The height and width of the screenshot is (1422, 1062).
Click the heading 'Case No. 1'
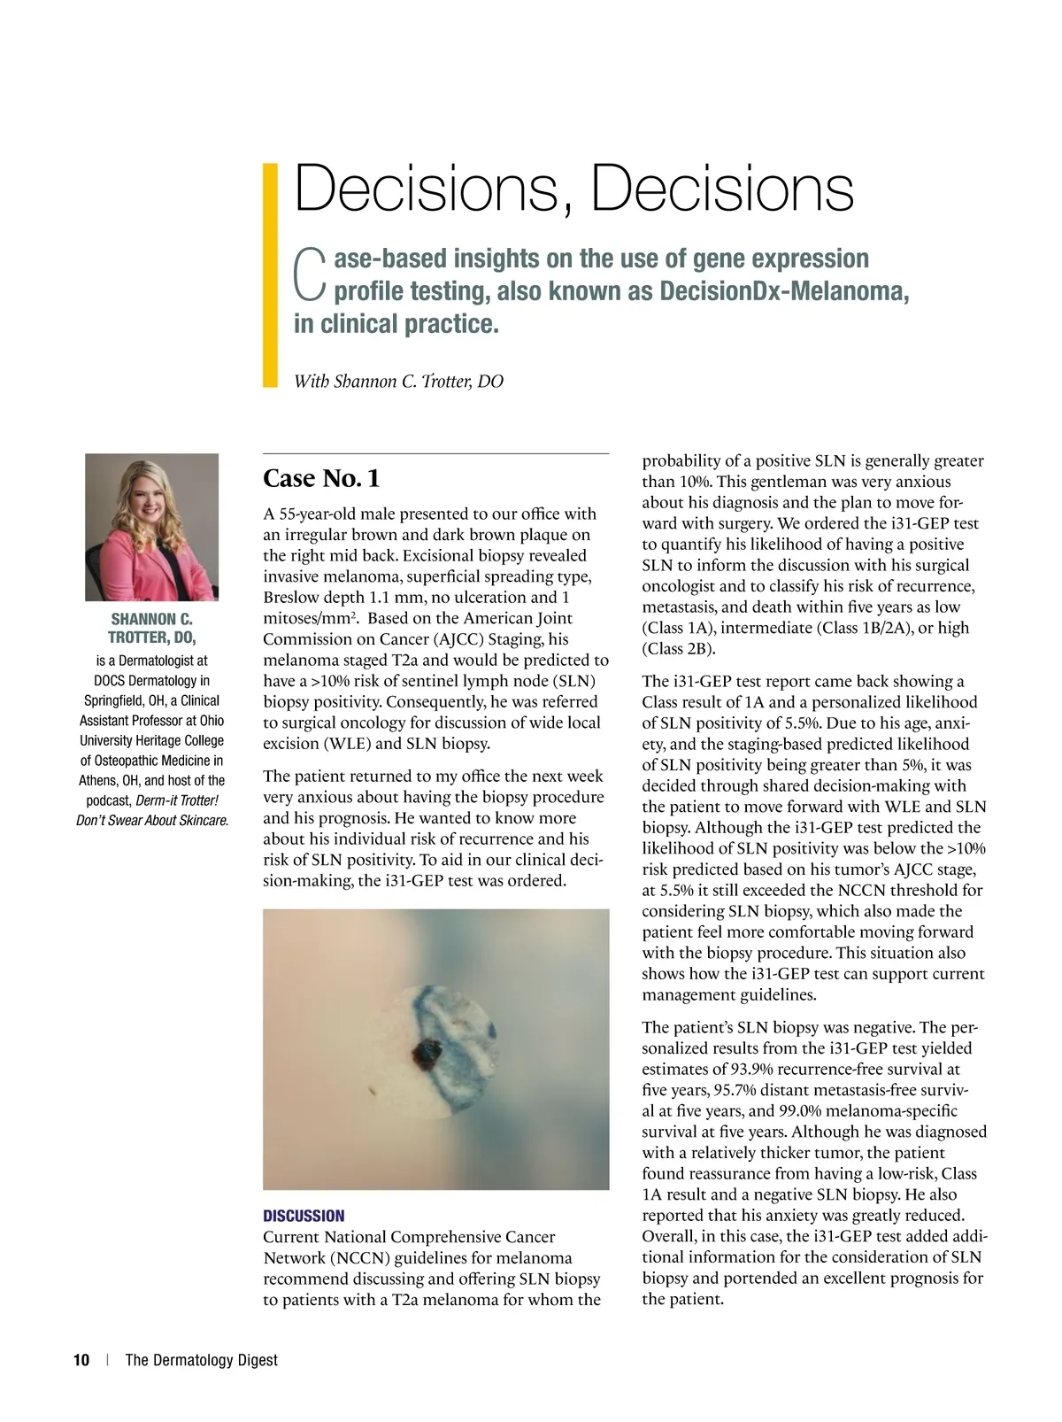click(x=321, y=478)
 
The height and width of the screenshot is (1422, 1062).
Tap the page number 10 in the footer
click(x=81, y=1360)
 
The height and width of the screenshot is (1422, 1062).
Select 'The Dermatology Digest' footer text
click(x=201, y=1360)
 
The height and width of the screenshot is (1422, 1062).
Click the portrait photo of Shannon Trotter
click(x=151, y=527)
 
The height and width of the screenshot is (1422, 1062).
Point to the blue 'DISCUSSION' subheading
click(x=304, y=1216)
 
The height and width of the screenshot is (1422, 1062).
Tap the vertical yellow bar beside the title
click(x=271, y=274)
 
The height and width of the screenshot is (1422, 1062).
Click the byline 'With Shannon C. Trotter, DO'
click(x=398, y=382)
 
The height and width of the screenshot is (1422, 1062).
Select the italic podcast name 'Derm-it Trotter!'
click(x=177, y=800)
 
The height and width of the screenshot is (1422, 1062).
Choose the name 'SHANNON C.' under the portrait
click(x=151, y=619)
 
